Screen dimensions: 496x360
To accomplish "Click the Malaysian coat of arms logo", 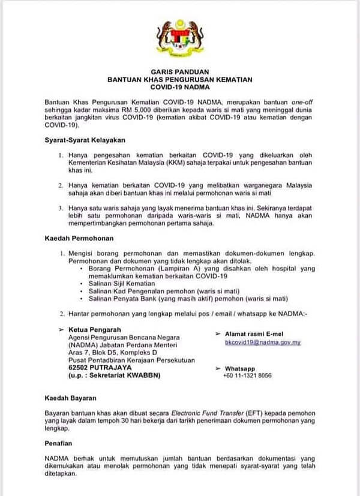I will (x=179, y=37).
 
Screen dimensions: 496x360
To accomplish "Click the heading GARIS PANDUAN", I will (x=179, y=71).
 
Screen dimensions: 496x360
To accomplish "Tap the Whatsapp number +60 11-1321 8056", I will (x=248, y=375).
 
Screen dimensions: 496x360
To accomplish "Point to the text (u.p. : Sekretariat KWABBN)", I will (x=114, y=375).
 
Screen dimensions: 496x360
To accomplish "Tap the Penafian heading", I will (x=58, y=446).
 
